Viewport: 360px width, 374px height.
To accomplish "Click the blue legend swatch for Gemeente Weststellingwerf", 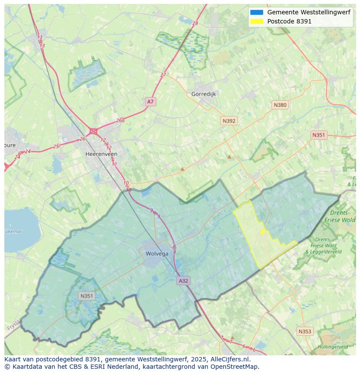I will [257, 13].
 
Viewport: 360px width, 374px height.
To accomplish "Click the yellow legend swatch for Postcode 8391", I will [257, 21].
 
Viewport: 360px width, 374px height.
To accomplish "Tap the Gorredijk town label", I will [203, 94].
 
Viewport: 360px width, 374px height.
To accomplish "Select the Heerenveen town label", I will [101, 154].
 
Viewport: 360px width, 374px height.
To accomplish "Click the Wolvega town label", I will [157, 254].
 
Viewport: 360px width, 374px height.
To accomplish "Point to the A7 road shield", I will [150, 102].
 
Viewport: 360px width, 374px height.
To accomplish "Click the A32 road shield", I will [183, 281].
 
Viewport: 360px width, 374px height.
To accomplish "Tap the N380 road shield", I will [280, 105].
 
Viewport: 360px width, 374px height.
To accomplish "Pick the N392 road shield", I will [229, 121].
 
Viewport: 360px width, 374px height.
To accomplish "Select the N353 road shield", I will [305, 331].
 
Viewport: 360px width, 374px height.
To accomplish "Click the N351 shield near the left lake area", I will [87, 296].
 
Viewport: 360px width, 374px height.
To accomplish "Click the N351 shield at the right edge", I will [318, 135].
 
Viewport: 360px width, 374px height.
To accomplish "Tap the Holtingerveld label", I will [333, 347].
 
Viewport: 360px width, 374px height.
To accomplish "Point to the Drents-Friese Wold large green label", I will [343, 216].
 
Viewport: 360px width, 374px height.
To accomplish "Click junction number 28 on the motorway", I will [195, 23].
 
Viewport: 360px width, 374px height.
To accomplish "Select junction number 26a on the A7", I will [120, 121].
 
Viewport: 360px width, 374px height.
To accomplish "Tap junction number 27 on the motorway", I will [163, 75].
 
